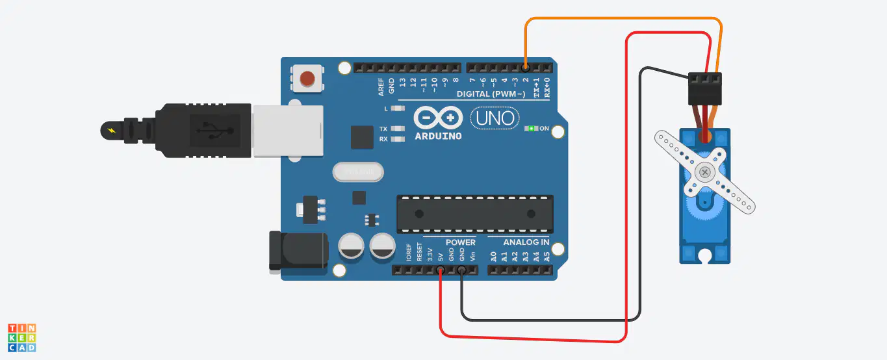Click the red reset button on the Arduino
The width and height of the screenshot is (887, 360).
tap(307, 79)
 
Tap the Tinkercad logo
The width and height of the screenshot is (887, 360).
tap(22, 338)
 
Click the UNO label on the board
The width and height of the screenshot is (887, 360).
tap(495, 118)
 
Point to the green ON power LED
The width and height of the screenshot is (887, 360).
tap(531, 128)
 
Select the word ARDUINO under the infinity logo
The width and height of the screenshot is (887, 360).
tap(438, 136)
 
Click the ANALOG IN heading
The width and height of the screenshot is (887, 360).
tap(526, 242)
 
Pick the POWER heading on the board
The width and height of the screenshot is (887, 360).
tap(461, 242)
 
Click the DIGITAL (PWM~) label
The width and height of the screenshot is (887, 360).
tap(491, 94)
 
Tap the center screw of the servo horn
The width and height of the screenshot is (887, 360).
tap(704, 172)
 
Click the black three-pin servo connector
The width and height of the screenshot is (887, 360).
tap(705, 89)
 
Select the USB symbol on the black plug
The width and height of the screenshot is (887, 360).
tap(215, 131)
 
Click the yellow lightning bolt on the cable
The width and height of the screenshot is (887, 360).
tap(112, 131)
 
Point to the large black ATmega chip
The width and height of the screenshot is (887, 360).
tap(475, 214)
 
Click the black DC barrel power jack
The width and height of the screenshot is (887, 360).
tap(298, 251)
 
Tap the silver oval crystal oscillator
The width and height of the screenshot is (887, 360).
tap(358, 172)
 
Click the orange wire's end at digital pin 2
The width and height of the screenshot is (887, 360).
tap(526, 68)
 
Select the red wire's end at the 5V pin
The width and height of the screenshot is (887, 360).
tap(440, 270)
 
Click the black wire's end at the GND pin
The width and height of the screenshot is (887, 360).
tap(462, 270)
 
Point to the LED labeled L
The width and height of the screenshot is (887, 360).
tap(398, 108)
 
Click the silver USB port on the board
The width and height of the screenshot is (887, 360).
tap(289, 131)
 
